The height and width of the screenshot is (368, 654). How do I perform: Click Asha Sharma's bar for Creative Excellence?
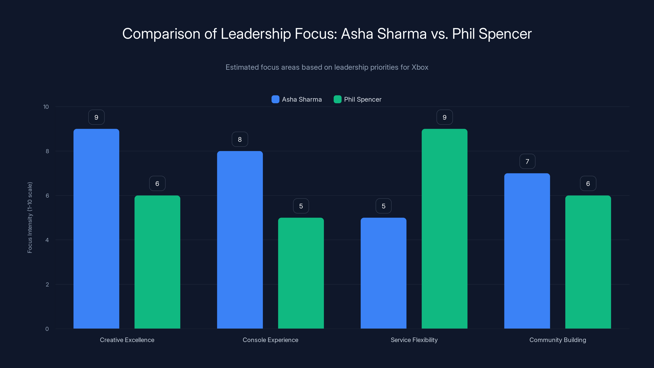coord(96,229)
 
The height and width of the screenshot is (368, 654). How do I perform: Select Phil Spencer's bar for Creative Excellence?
coord(157,262)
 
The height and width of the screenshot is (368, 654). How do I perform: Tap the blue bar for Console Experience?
coord(240,240)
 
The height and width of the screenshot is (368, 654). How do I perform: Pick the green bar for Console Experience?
coord(301,273)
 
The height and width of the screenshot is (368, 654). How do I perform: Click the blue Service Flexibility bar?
coord(383,273)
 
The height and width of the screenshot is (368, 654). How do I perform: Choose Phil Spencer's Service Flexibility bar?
coord(444,229)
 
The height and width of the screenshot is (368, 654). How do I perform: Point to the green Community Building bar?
coord(588,262)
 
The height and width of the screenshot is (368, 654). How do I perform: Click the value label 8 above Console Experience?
coord(240,139)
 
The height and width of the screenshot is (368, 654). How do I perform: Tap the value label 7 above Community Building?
coord(527,161)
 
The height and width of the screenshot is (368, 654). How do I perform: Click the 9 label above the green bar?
coord(444,117)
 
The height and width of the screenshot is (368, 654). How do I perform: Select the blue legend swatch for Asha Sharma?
coord(275,99)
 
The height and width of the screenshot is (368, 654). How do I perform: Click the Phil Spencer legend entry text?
coord(363,99)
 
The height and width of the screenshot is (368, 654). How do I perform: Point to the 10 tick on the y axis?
coord(46,107)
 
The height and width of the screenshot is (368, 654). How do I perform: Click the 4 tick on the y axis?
coord(47,240)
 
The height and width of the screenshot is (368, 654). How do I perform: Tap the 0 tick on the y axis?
coord(47,329)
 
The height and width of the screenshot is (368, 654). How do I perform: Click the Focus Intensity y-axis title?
coord(30,217)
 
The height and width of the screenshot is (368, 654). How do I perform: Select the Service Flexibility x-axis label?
coord(414,340)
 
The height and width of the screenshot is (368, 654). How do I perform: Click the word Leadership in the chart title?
coord(255,34)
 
